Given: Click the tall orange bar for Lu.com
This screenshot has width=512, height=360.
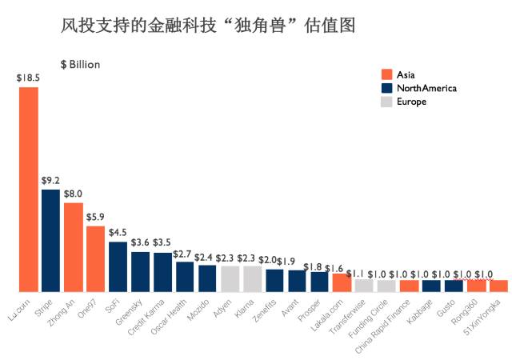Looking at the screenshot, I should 29,189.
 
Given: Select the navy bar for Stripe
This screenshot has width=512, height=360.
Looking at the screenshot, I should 50,240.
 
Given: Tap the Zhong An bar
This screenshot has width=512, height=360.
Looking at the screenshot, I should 73,246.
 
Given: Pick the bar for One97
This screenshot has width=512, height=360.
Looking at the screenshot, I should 95,258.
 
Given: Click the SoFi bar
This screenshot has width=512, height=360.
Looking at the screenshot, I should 118,266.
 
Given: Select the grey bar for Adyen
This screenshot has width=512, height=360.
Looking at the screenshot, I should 230,278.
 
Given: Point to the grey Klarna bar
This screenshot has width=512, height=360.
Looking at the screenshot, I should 252,278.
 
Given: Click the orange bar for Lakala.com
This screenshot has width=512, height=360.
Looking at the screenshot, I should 342,282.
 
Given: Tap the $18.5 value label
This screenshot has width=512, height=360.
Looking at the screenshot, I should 29,78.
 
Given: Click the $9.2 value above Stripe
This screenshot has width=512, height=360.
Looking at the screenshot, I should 50,181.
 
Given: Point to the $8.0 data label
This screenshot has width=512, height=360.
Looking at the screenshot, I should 73,194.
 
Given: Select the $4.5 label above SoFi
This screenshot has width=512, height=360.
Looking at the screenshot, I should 118,232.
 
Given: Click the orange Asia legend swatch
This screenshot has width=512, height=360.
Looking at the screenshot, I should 386,74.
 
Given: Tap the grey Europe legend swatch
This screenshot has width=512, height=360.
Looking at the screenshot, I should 386,102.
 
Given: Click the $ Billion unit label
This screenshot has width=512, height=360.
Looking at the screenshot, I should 80,64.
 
